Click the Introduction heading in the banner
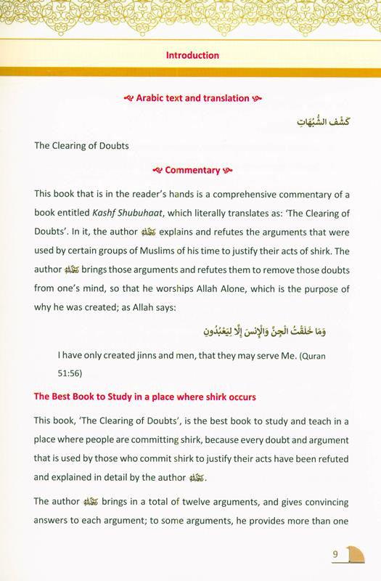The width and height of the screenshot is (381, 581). [x=192, y=54]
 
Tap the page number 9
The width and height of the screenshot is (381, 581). [x=336, y=556]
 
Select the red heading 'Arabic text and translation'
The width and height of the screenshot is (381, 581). [x=192, y=98]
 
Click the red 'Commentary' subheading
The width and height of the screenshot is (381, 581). [x=192, y=171]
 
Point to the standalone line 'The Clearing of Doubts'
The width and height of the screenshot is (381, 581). [x=81, y=145]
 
